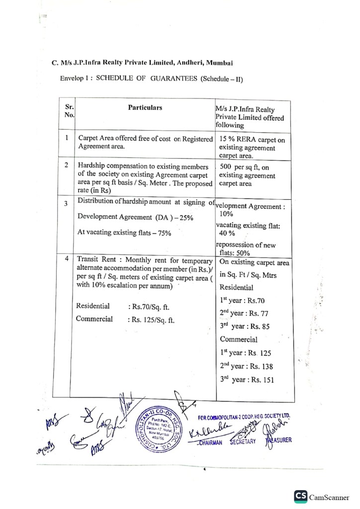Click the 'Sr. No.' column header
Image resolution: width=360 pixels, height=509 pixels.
pos(69,111)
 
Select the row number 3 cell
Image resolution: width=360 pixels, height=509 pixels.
pos(67,204)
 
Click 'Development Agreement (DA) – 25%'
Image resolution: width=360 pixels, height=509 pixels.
pos(132,218)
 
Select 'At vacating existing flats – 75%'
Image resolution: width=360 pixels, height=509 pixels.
pos(124,233)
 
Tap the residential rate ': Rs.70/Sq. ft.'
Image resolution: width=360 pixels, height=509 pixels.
pos(149,307)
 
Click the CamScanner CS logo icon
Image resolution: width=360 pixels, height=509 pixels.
pos(300,496)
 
